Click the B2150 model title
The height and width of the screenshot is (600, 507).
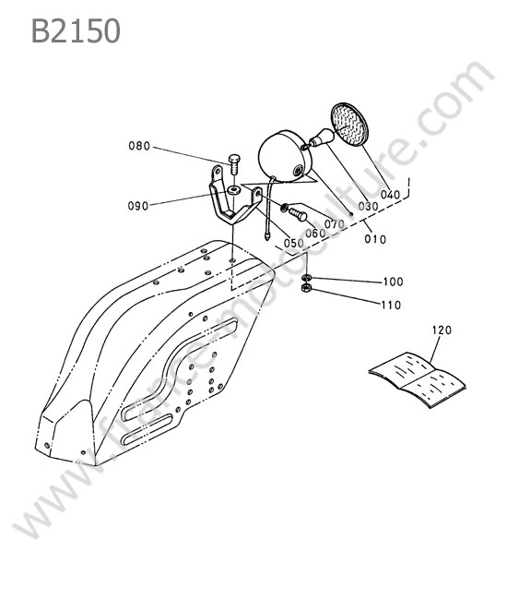[x=76, y=30]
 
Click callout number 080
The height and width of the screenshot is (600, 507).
[x=139, y=146]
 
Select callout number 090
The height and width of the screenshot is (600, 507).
[x=138, y=206]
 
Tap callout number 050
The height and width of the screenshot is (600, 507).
[x=294, y=243]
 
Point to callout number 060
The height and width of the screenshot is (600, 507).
[x=315, y=233]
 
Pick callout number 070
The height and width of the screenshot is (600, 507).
[x=335, y=223]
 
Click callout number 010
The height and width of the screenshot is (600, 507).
[x=375, y=239]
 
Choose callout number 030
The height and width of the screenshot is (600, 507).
[x=369, y=206]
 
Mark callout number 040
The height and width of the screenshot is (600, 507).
[x=390, y=195]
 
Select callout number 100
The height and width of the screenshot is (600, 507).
[x=393, y=282]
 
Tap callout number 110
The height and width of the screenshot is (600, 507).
[x=392, y=305]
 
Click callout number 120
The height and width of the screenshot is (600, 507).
[x=442, y=330]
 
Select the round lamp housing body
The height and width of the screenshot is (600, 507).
[x=285, y=156]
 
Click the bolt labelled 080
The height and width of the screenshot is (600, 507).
[x=234, y=163]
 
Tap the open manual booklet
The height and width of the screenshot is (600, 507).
[x=418, y=379]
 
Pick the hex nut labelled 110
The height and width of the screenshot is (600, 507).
[x=307, y=288]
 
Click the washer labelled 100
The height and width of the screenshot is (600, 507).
[x=307, y=277]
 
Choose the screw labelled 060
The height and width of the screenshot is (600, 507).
[x=298, y=214]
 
